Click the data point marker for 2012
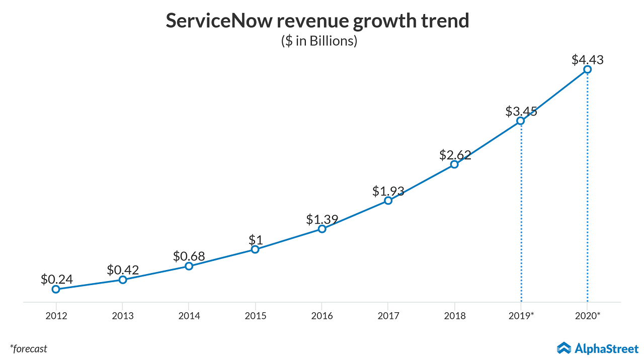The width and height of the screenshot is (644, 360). [56, 289]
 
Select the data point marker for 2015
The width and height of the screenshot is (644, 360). [255, 249]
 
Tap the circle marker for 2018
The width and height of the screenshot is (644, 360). [454, 164]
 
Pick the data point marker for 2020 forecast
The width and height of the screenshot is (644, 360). [587, 69]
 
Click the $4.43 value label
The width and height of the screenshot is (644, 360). [587, 60]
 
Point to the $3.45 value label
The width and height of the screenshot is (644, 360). [521, 111]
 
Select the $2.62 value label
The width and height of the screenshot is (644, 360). [455, 155]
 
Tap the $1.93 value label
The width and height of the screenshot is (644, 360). [388, 191]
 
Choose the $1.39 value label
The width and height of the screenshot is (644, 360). [322, 219]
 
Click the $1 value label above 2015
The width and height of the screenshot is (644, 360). [255, 240]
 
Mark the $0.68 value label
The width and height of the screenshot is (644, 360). [189, 256]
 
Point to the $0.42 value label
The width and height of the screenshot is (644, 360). [122, 269]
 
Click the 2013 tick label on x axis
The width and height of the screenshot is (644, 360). [122, 316]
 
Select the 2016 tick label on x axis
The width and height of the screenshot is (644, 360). [322, 316]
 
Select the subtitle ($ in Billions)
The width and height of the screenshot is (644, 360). [319, 41]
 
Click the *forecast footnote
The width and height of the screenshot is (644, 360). [29, 348]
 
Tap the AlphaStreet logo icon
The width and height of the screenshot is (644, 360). [563, 348]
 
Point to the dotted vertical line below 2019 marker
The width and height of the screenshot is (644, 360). [521, 211]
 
